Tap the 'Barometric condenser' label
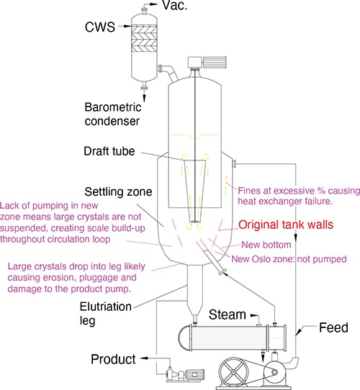[135, 115]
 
